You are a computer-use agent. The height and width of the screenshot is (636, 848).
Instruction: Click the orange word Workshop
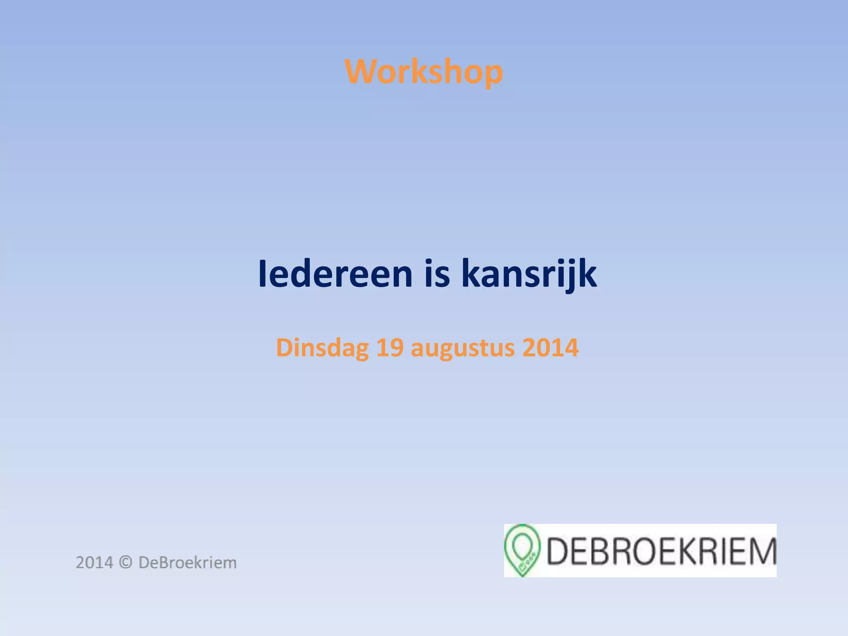point(424,72)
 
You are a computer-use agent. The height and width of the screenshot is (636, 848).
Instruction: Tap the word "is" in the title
point(437,274)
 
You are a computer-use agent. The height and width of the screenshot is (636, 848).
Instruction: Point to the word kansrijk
point(529,274)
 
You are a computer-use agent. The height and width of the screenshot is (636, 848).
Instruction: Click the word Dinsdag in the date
point(322,348)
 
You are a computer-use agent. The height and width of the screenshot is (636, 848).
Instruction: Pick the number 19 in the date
point(390,348)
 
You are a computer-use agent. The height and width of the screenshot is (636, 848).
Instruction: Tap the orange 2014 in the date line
point(550,348)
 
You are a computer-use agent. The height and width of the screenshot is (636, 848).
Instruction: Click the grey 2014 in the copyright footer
point(94,563)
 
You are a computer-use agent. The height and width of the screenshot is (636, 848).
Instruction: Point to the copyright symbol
point(125,563)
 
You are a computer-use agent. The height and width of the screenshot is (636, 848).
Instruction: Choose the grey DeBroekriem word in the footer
point(188,563)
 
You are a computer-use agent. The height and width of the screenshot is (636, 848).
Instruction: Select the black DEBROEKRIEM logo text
point(661,551)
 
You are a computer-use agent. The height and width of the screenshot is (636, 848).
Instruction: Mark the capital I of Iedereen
point(262,274)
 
